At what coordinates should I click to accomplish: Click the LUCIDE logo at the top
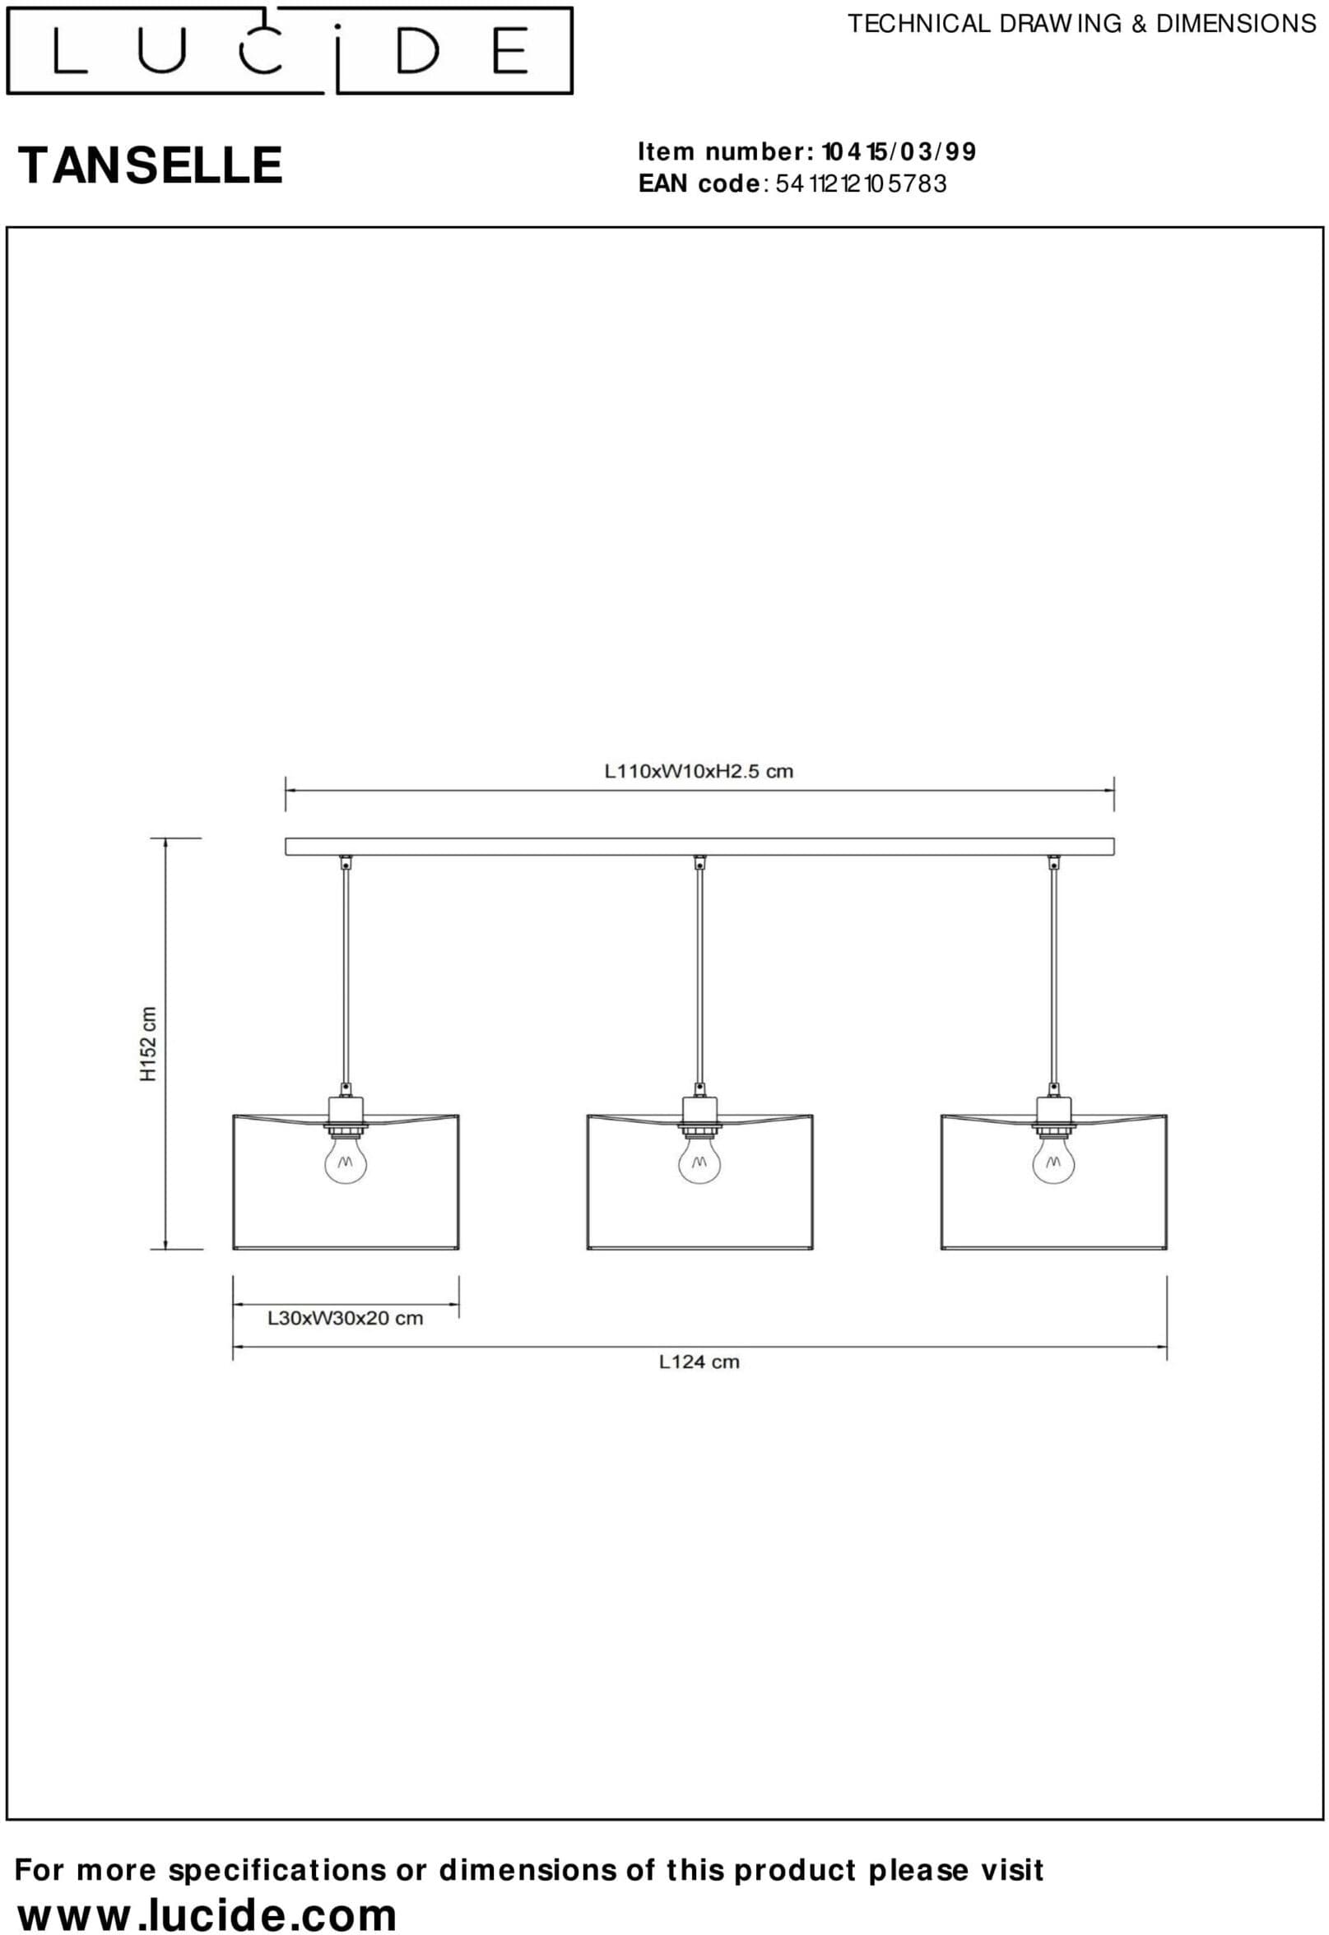click(x=289, y=50)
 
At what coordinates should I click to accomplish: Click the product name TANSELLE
click(x=151, y=165)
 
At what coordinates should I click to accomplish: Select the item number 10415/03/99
click(x=899, y=151)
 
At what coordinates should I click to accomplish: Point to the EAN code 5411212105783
click(x=861, y=183)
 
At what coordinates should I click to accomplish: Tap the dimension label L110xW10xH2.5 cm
click(x=699, y=771)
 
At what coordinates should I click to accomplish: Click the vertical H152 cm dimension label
click(x=148, y=1044)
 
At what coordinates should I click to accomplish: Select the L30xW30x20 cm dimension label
click(x=345, y=1318)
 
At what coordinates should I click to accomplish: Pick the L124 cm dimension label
click(x=699, y=1362)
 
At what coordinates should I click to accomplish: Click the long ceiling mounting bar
click(x=699, y=847)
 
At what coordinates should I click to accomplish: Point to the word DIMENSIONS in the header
click(x=1236, y=24)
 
